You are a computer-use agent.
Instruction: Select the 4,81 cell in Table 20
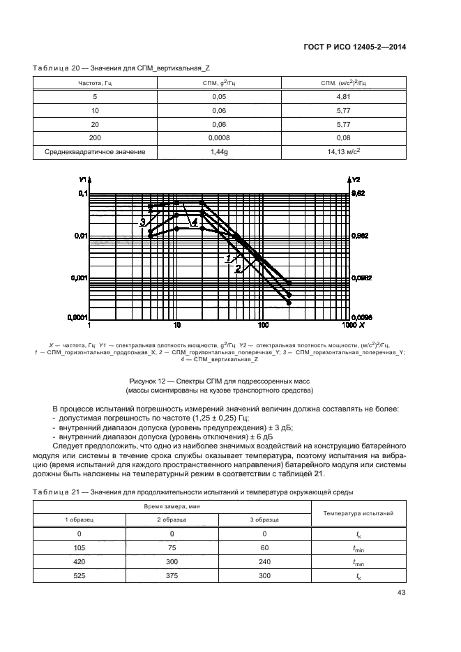342,97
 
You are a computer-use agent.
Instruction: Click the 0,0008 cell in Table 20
220,137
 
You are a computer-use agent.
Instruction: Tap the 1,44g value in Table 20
220,151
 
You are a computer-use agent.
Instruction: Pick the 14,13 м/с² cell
342,151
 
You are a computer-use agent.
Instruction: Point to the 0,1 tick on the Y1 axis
80,193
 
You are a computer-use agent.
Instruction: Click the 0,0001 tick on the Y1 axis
75,318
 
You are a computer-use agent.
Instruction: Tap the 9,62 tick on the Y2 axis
358,193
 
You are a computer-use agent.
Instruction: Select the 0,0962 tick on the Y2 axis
361,278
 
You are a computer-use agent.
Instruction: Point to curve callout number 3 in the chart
142,222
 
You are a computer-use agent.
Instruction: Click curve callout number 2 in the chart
238,268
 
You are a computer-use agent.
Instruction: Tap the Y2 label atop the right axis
356,179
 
